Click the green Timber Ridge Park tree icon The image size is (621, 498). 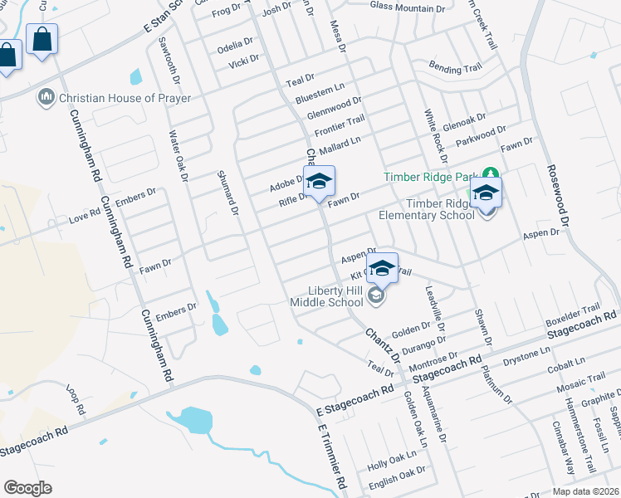pos(491,176)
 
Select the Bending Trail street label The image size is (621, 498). pos(454,67)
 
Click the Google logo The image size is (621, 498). pos(27,487)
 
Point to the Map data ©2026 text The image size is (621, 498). pos(585,491)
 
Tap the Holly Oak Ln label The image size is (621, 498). pos(391,457)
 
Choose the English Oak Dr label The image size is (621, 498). pos(397,471)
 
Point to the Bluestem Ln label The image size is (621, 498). pos(319,87)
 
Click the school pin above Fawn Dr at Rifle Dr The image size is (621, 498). pos(319,182)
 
